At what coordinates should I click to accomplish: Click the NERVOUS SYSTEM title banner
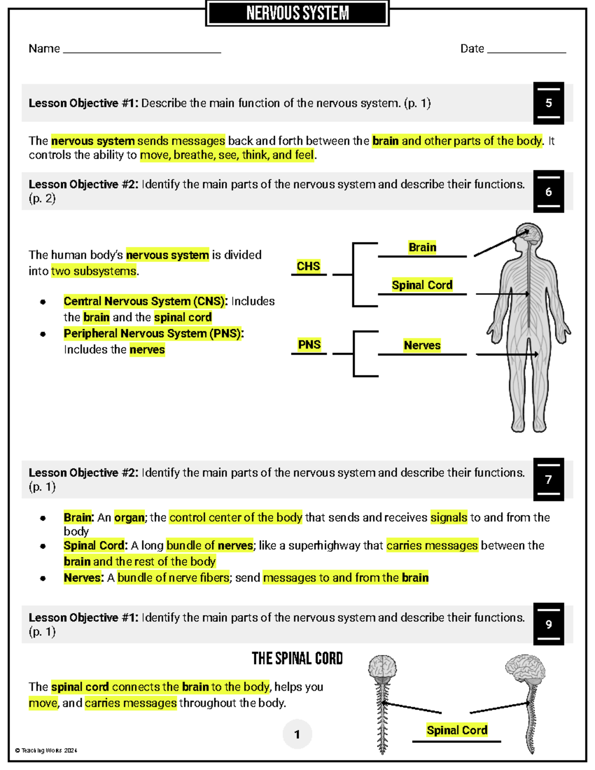click(297, 13)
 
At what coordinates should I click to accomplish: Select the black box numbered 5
click(548, 103)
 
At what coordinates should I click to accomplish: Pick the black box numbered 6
click(548, 192)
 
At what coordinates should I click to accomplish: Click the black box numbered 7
click(548, 479)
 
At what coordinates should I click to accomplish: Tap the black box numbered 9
click(548, 624)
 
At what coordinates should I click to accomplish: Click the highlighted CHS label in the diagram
click(308, 266)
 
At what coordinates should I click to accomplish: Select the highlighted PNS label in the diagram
click(309, 345)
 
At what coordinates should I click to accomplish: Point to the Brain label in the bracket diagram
click(422, 247)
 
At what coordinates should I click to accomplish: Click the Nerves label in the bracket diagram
click(422, 345)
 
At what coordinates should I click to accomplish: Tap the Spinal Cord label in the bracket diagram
click(422, 285)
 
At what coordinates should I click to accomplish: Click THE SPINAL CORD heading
click(297, 658)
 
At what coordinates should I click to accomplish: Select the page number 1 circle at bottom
click(297, 734)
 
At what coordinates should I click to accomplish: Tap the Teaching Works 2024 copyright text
click(46, 750)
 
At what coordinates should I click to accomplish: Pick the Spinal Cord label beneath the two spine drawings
click(457, 730)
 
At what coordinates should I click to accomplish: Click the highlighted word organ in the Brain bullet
click(129, 518)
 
